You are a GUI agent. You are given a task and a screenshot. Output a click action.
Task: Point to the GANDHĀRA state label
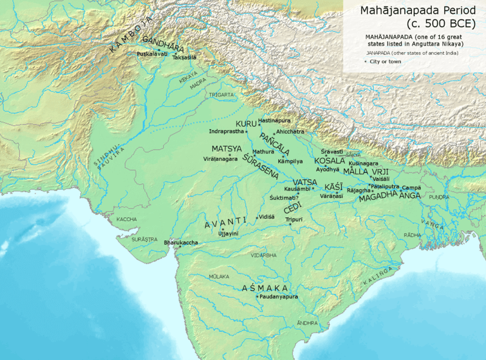(x=163, y=42)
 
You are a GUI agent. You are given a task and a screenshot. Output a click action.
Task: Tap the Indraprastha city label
(x=226, y=131)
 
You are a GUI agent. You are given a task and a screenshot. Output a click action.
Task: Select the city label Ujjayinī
(x=228, y=234)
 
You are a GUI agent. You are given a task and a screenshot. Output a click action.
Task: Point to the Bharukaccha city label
(x=181, y=243)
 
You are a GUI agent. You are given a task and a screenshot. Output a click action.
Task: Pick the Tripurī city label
(x=294, y=220)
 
